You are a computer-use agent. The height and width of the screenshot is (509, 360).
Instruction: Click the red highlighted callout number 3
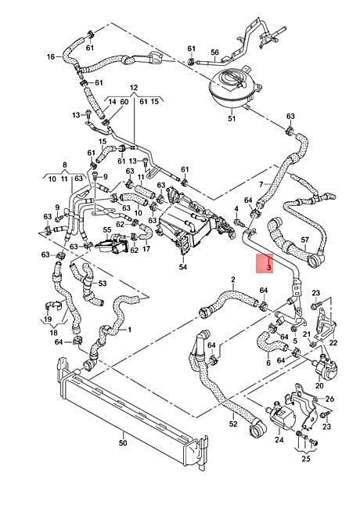point(268,268)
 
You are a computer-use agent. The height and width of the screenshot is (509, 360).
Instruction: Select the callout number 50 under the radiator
point(123,442)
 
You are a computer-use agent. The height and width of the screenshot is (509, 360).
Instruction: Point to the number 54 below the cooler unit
point(183,267)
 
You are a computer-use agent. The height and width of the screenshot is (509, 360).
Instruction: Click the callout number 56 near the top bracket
point(215,52)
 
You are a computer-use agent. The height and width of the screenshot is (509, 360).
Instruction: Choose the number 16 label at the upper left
point(51,57)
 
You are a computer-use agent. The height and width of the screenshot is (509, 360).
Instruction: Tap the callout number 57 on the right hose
point(305,240)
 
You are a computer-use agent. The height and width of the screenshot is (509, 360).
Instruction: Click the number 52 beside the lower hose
point(233,424)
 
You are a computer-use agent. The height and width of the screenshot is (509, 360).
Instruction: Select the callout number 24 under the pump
point(279,439)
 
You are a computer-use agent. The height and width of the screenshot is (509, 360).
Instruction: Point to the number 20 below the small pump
point(319,385)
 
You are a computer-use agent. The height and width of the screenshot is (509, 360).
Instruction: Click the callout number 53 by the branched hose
point(103,283)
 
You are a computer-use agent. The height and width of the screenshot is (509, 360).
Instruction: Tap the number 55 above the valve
point(107,229)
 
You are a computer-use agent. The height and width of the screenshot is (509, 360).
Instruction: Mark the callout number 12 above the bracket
point(134,88)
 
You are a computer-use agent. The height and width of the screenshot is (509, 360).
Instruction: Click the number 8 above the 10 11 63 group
point(65,165)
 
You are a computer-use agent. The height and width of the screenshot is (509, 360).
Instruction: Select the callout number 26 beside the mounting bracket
point(329,399)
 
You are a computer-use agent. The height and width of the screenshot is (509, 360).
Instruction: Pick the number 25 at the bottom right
point(306,459)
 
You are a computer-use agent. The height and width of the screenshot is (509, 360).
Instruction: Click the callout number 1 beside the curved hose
point(129,330)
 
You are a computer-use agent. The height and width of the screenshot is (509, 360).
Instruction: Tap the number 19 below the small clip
point(48,319)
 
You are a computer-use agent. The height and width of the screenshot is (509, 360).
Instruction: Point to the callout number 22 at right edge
point(333,342)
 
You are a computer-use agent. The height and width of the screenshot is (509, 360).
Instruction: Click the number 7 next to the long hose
point(261,185)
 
